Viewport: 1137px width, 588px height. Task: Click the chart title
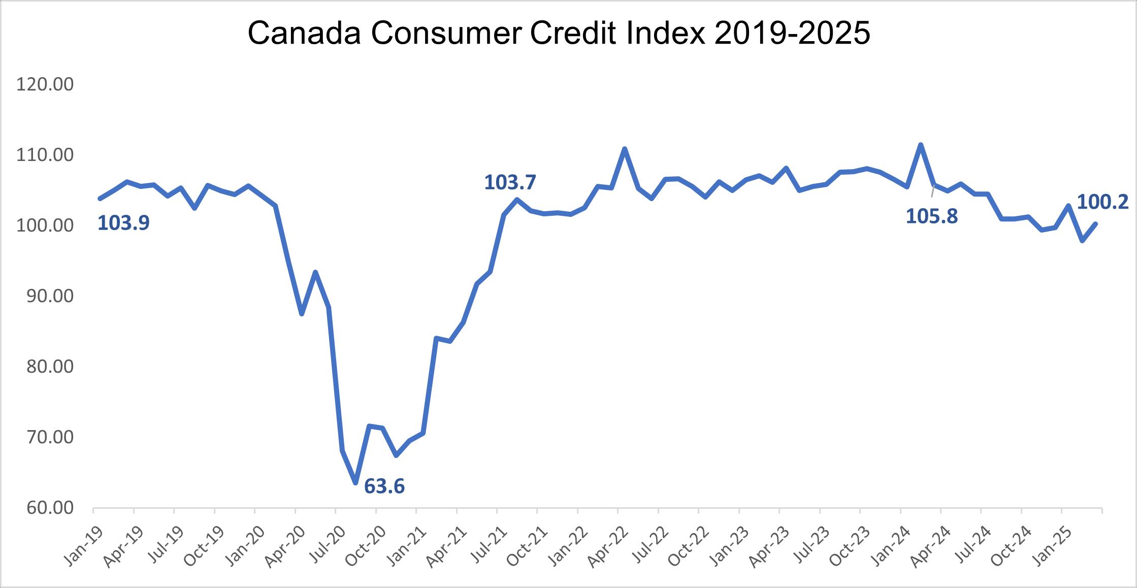(x=559, y=34)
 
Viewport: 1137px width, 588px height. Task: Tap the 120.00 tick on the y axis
(x=45, y=84)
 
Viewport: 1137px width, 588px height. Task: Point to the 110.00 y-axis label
(x=45, y=155)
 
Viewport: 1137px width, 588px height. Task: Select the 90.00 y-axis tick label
(x=45, y=296)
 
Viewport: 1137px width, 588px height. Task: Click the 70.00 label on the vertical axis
(x=45, y=437)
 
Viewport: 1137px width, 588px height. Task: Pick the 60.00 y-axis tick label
(x=45, y=508)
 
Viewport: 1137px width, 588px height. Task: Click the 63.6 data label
(x=384, y=486)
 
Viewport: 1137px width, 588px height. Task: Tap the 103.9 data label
(x=123, y=222)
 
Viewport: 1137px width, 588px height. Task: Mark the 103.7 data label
(x=510, y=182)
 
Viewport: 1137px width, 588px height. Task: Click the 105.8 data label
(x=932, y=216)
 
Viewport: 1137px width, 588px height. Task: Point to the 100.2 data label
(x=1102, y=202)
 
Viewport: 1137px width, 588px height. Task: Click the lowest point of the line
(x=356, y=482)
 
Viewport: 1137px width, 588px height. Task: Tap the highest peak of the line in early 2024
(x=921, y=144)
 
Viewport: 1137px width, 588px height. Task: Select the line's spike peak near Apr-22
(x=625, y=148)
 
